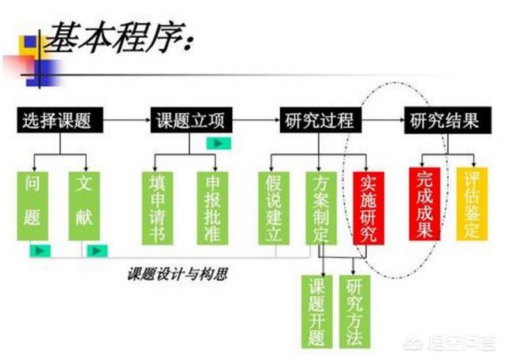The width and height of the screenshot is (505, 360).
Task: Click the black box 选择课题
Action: [60, 120]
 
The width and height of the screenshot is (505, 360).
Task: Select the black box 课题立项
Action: [191, 120]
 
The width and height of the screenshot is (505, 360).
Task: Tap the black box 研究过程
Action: [320, 120]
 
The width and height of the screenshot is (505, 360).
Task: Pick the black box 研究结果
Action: [447, 120]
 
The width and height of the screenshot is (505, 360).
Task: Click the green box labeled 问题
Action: [32, 206]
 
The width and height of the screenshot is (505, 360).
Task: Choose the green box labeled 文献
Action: [84, 206]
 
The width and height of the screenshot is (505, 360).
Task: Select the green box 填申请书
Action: [158, 208]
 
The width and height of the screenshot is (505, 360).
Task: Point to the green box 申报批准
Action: [212, 208]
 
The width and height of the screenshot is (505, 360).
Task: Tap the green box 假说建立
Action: [274, 208]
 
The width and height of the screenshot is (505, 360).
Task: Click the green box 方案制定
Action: [321, 208]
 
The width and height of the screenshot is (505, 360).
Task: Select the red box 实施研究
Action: [368, 208]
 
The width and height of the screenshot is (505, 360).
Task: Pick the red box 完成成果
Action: [425, 204]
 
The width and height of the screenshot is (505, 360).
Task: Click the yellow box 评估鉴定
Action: [472, 204]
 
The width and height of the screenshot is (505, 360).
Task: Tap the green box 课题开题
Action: [317, 312]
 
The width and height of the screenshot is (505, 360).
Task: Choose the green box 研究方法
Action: [354, 312]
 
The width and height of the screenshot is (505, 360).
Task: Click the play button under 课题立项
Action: [219, 144]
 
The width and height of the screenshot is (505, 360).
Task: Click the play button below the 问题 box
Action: [40, 251]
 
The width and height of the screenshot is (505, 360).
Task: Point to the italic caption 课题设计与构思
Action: [178, 274]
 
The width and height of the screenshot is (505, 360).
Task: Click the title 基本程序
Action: [119, 37]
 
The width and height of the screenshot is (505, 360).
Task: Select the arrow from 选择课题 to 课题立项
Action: [127, 120]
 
